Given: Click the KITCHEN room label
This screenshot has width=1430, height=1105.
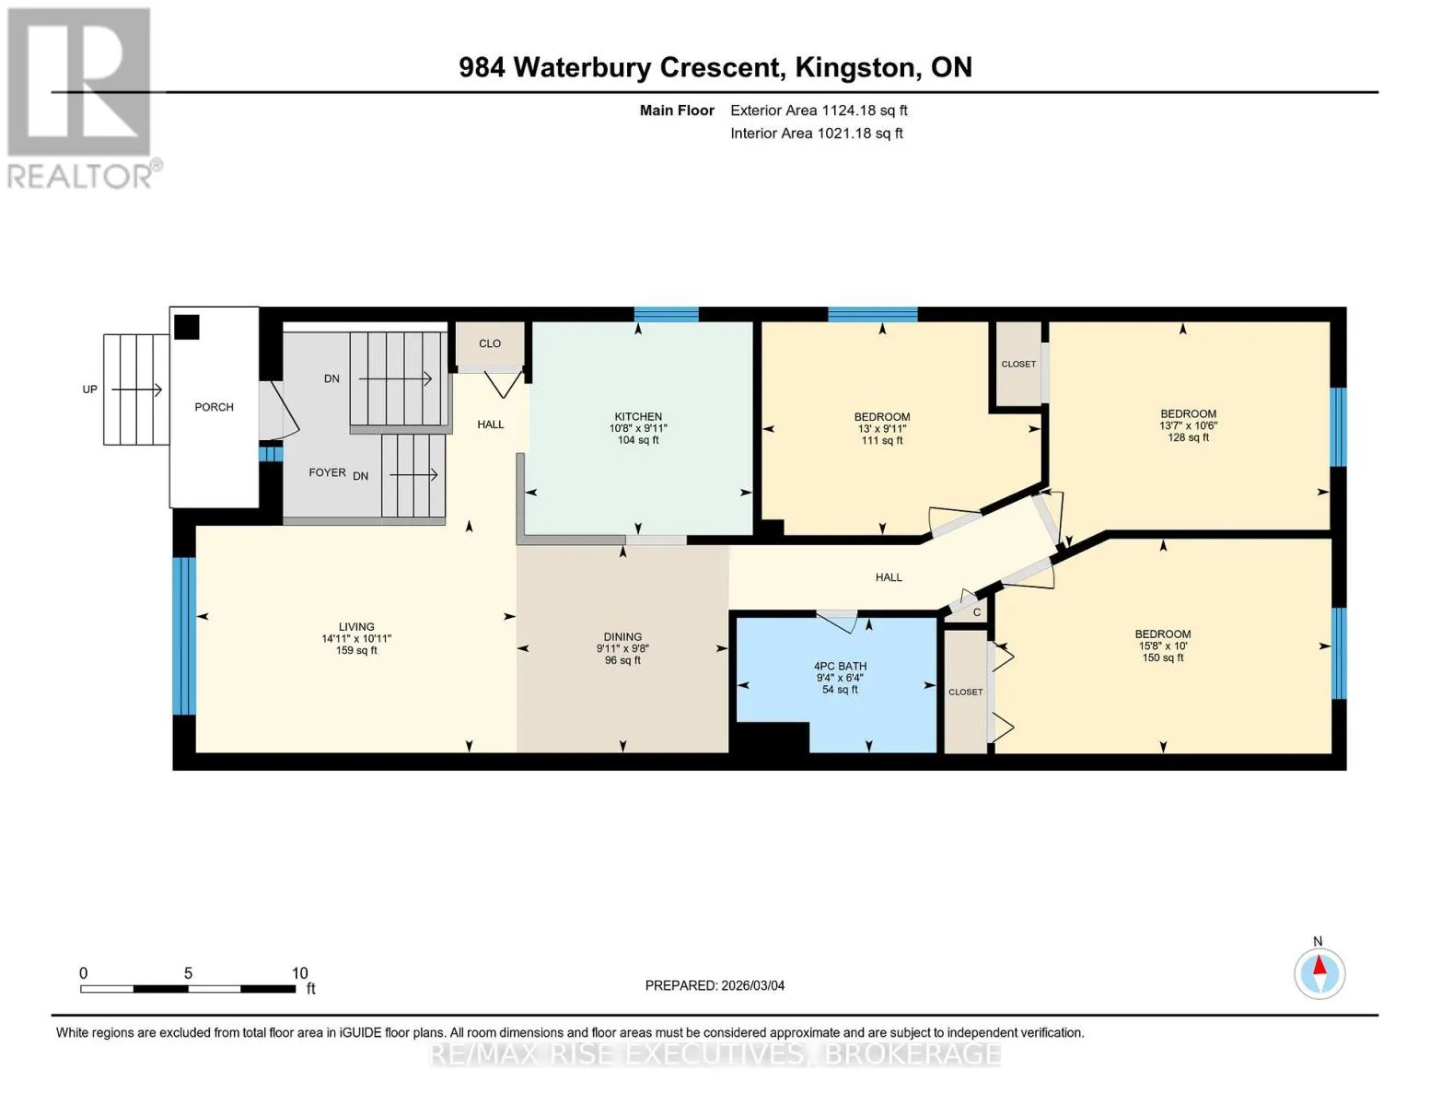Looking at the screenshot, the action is click(638, 416).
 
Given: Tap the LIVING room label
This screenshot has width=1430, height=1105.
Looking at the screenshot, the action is click(356, 626).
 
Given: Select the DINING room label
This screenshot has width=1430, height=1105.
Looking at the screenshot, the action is click(622, 636).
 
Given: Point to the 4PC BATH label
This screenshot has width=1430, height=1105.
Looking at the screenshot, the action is click(840, 666).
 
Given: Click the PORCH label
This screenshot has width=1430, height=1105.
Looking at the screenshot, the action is click(214, 407).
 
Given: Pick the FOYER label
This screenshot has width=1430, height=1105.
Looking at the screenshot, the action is click(327, 472).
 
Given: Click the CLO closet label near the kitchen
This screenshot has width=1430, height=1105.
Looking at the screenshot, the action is click(490, 343).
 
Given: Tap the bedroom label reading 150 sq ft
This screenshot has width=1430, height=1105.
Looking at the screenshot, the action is click(1163, 646).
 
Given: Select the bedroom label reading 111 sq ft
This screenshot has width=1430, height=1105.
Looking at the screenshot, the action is click(882, 428).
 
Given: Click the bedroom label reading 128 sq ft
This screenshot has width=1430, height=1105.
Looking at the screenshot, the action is click(1188, 425).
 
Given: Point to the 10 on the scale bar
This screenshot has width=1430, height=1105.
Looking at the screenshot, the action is click(299, 972).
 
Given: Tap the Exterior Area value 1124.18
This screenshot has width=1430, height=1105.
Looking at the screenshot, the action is click(853, 110).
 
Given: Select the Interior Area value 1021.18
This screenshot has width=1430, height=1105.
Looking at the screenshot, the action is click(848, 134).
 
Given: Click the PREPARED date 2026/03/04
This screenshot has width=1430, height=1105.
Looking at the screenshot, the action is click(753, 985).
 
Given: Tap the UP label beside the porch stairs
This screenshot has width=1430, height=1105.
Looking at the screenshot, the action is click(89, 390).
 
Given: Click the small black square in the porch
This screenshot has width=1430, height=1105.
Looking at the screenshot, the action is click(186, 327).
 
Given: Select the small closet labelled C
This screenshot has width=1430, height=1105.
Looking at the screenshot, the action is click(966, 611).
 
